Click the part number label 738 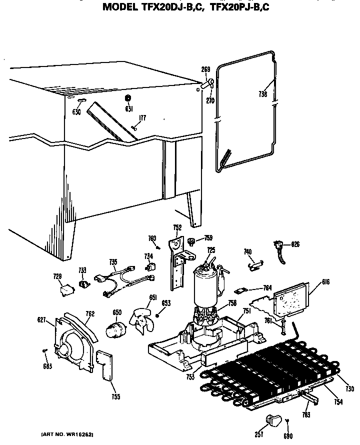[263, 93]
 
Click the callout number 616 [312, 282]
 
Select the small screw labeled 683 [45, 350]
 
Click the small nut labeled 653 [158, 314]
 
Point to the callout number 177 [142, 118]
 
